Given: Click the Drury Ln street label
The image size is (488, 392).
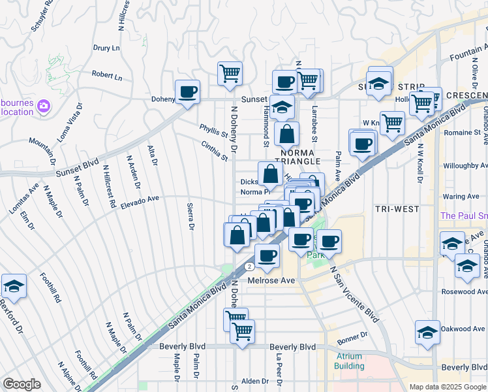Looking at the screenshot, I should (x=106, y=48).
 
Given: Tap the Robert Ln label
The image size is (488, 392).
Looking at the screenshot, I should (x=106, y=76).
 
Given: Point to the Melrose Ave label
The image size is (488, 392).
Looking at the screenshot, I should (x=272, y=280).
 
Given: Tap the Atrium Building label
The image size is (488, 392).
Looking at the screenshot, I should (x=349, y=361).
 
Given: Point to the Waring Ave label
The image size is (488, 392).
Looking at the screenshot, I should (x=461, y=196).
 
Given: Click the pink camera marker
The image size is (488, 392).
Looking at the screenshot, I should (x=44, y=105).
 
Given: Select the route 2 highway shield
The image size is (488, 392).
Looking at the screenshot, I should (x=249, y=267).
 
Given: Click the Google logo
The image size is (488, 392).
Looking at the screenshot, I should (x=22, y=384).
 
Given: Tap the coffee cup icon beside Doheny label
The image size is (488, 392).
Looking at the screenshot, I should (x=187, y=91).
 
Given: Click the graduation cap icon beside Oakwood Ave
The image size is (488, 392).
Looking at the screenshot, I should (x=427, y=332).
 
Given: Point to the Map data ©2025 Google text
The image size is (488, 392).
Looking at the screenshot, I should (x=448, y=387).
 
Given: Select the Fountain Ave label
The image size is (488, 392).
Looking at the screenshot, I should (x=468, y=49).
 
